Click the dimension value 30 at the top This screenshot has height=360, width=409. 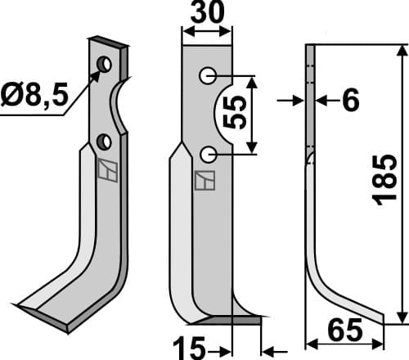click(x=206, y=16)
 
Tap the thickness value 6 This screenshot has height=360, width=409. click(x=350, y=101)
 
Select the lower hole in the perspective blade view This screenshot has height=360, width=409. click(x=104, y=142)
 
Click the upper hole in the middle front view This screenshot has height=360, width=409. click(x=209, y=76)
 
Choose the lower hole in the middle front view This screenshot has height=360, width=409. click(x=209, y=153)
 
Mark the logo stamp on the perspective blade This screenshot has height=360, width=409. click(x=106, y=171)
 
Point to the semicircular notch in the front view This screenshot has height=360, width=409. click(x=226, y=115)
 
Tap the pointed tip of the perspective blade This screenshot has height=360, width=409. click(x=18, y=307)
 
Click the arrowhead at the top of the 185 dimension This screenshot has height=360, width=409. click(x=401, y=48)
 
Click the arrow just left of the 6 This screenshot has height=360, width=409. click(x=290, y=101)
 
